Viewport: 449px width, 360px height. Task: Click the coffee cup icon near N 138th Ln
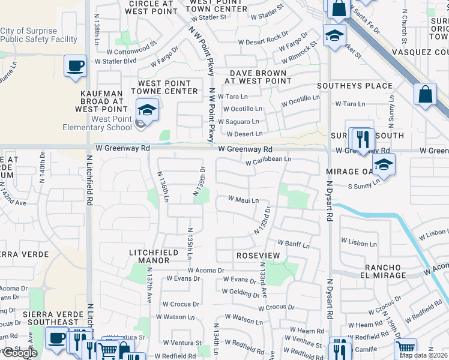click(76, 65)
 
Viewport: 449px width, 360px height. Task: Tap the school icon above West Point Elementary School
click(146, 110)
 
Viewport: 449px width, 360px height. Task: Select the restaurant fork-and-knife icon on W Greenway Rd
click(361, 139)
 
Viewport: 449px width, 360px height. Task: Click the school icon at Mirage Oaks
click(383, 164)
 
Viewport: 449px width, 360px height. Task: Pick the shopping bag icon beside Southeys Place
click(425, 94)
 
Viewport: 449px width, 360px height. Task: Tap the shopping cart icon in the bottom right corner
click(405, 347)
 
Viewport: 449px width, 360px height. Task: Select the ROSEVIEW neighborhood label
click(258, 256)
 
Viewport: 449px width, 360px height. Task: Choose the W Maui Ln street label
click(243, 200)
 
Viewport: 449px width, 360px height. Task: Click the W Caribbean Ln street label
click(268, 160)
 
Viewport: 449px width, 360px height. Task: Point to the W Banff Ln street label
click(293, 244)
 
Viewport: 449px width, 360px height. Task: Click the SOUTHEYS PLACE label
click(354, 86)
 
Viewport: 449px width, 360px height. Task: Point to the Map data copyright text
click(423, 355)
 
